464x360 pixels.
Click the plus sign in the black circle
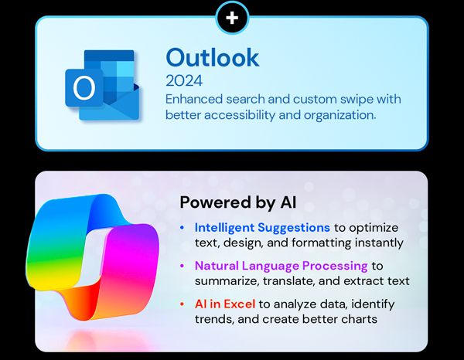point(232,17)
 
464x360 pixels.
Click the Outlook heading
point(213,57)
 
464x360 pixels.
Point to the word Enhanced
point(192,100)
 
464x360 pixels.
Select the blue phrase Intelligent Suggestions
point(261,228)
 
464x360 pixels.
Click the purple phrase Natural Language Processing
point(279,266)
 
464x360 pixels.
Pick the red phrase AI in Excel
point(224,304)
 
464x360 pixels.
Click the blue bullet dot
point(182,229)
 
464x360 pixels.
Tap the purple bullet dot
point(182,267)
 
